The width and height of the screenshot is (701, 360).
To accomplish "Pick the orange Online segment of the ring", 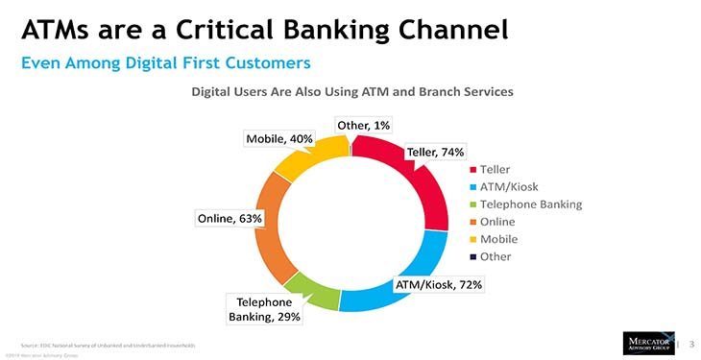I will coord(267,230).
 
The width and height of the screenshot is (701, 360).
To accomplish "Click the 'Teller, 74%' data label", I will coord(437,152).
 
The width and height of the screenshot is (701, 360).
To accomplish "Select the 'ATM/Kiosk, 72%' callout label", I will coord(438,285).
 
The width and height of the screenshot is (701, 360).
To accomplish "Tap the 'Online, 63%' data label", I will coord(230,218).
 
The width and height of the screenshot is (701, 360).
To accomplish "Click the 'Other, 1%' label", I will coord(363,125).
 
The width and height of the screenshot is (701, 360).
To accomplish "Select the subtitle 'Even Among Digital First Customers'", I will coord(166,63).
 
